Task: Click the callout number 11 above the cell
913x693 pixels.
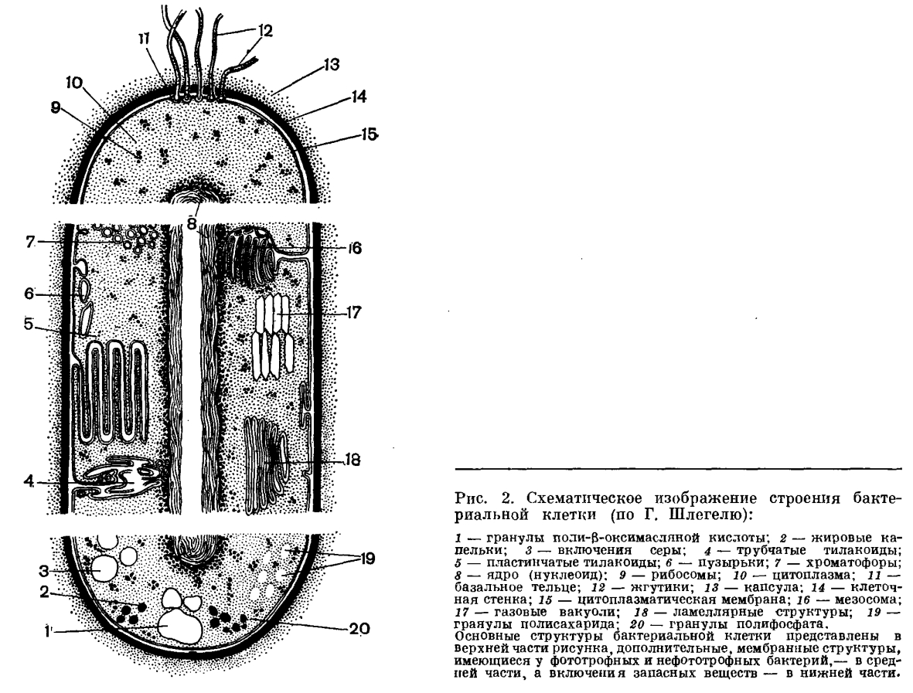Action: coord(145,39)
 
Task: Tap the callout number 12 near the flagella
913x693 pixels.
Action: coord(265,30)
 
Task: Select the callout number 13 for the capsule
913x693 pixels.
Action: coord(332,64)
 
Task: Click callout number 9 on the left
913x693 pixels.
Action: coord(56,107)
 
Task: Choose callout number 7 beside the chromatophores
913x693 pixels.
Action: coord(31,242)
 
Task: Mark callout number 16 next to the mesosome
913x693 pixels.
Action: coord(355,249)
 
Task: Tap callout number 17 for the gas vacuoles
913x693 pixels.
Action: coord(353,312)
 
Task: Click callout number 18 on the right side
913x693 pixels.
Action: coord(353,460)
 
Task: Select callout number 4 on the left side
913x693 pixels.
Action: coord(29,482)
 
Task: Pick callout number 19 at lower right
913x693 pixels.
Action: coord(367,559)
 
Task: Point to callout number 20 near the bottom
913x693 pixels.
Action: coord(359,628)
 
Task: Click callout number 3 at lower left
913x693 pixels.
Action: coord(44,569)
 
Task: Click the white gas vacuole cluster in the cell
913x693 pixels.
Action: coord(271,336)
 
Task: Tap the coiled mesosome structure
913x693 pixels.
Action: coord(247,254)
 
